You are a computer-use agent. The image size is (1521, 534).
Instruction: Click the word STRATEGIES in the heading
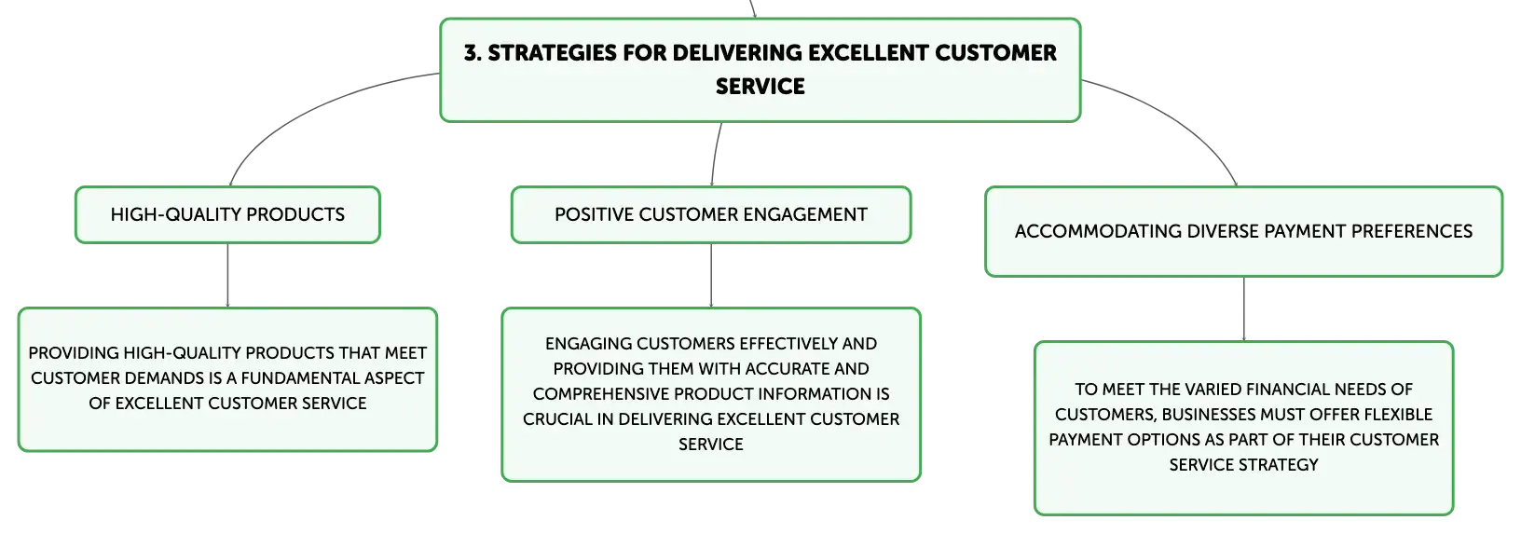pyautogui.click(x=552, y=53)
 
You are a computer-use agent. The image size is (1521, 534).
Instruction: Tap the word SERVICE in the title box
pyautogui.click(x=760, y=87)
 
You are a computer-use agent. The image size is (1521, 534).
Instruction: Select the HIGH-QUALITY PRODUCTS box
pyautogui.click(x=227, y=214)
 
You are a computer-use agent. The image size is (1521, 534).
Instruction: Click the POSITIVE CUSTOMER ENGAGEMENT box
pyautogui.click(x=711, y=214)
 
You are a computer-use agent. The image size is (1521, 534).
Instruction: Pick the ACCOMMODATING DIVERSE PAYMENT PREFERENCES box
pyautogui.click(x=1243, y=232)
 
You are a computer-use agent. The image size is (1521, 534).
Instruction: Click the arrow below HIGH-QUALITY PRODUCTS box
pyautogui.click(x=227, y=275)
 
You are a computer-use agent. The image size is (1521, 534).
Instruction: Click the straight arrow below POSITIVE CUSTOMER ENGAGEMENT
pyautogui.click(x=711, y=275)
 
